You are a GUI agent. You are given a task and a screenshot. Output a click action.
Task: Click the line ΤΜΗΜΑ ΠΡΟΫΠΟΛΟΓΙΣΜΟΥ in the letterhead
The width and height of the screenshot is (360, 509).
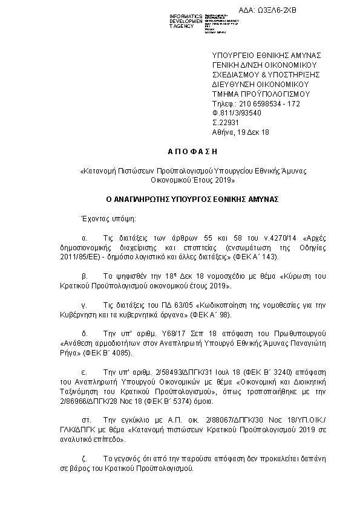261,94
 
